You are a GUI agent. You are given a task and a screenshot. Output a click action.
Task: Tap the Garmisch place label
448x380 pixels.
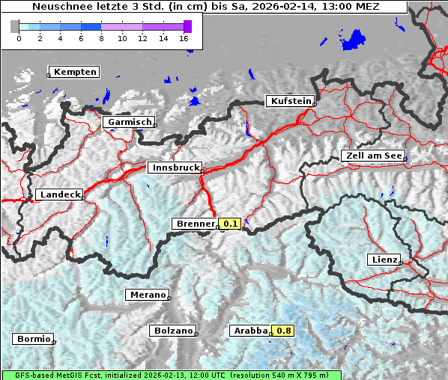pos(130,122)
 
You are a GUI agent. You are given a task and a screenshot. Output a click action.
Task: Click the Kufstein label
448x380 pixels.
pos(290,101)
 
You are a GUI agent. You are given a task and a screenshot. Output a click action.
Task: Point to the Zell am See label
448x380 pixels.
pos(372,156)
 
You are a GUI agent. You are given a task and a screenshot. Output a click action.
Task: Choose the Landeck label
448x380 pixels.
pos(59,194)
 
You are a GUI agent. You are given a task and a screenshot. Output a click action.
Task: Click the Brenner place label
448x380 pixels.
pos(195,224)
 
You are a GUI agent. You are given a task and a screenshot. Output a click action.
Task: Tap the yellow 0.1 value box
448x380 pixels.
pos(230,224)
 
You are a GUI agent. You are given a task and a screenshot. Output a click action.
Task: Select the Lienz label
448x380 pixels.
pos(384,260)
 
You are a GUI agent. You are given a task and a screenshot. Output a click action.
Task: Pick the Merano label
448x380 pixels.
pos(147,295)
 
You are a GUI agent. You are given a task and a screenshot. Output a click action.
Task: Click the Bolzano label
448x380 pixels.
pos(173,330)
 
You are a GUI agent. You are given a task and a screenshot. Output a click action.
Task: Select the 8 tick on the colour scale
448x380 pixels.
pos(101,37)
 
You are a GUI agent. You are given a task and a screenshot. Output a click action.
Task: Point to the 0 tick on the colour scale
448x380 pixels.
pos(18,37)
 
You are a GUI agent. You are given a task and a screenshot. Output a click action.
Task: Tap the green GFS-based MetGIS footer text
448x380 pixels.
pos(172,375)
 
